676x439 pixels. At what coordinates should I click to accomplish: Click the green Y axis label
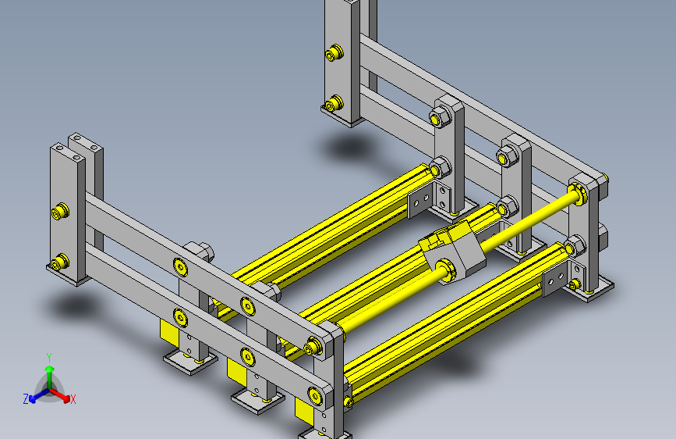point(49,357)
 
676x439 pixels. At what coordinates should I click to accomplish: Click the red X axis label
point(73,400)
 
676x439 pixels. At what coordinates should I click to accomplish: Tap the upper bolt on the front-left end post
point(58,212)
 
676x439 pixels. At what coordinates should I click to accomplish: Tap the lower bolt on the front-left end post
point(58,262)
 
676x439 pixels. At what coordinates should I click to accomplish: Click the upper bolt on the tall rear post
point(335,53)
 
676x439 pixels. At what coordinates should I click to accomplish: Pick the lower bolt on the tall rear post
point(334,103)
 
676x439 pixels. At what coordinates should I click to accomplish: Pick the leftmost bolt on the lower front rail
point(181,317)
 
